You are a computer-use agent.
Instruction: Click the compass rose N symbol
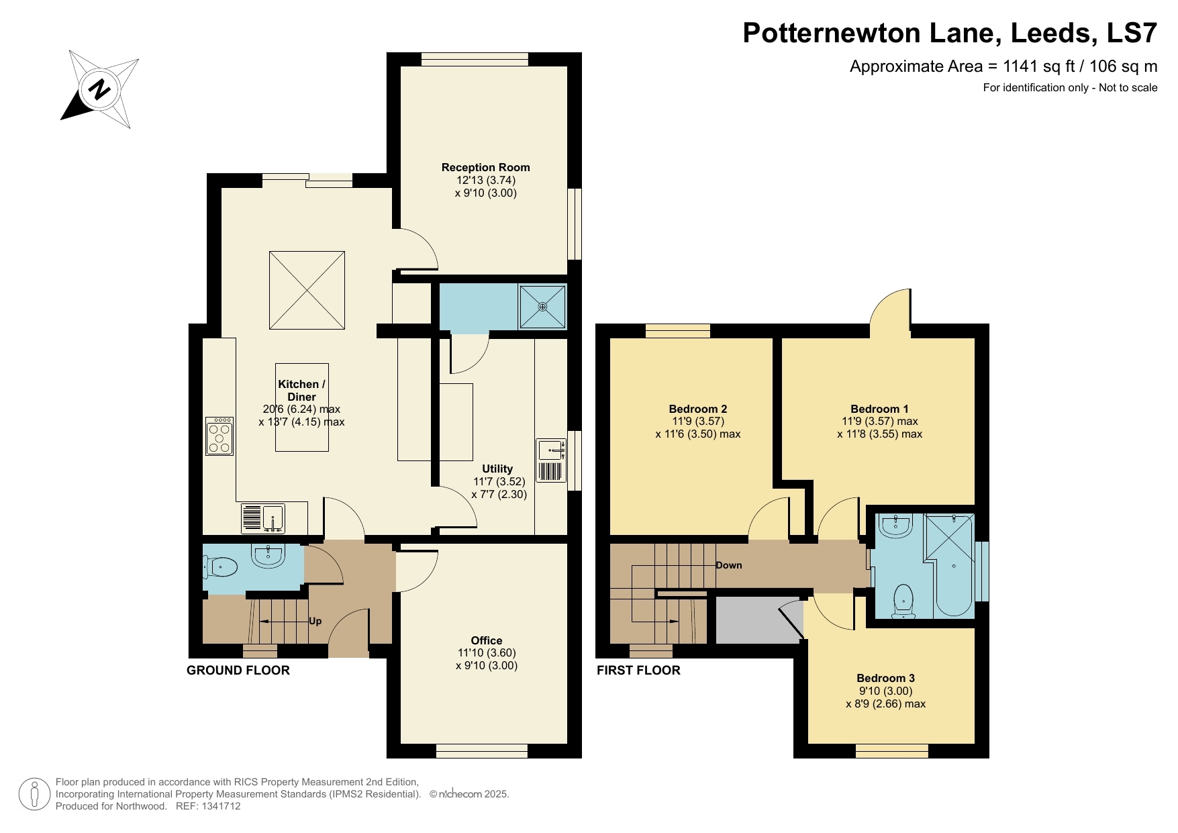pos(100,89)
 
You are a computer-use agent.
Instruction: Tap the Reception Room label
pos(485,168)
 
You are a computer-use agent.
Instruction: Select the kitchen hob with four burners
pos(219,436)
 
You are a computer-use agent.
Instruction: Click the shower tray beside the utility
pos(542,307)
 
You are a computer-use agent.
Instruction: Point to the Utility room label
pos(497,469)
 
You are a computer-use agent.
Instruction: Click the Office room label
pos(486,640)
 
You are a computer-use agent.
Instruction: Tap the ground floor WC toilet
pos(222,568)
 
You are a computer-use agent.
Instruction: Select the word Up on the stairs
pos(315,621)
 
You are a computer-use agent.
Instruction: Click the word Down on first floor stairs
pos(728,565)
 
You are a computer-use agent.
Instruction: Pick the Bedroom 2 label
pos(697,409)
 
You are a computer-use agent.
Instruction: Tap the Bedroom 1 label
pos(879,409)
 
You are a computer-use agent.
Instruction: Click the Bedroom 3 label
pos(885,678)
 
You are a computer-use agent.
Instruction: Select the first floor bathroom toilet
pos(903,601)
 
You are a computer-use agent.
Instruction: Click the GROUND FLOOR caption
pos(238,670)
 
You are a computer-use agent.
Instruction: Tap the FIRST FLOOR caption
pos(638,670)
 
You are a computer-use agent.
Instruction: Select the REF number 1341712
pos(221,806)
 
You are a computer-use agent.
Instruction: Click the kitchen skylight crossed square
pos(307,290)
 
